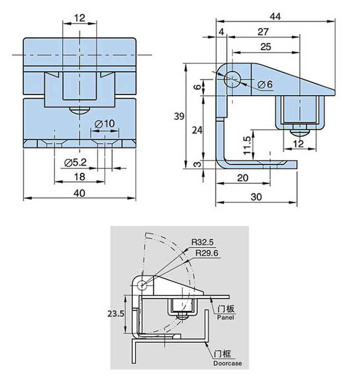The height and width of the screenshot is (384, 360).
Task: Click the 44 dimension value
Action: (275, 17)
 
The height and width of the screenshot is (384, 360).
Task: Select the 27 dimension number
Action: (263, 32)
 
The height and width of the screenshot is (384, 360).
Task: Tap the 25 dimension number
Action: (266, 47)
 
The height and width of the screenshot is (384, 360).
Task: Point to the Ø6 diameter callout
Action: (265, 84)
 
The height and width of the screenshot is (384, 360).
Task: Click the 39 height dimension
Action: (179, 116)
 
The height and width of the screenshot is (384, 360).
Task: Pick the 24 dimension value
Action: (197, 130)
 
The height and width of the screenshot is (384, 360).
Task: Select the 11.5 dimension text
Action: (247, 146)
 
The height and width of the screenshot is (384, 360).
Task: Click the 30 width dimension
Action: (256, 197)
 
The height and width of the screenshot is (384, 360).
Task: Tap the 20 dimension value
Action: (243, 178)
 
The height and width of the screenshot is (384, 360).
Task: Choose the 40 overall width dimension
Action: (79, 193)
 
